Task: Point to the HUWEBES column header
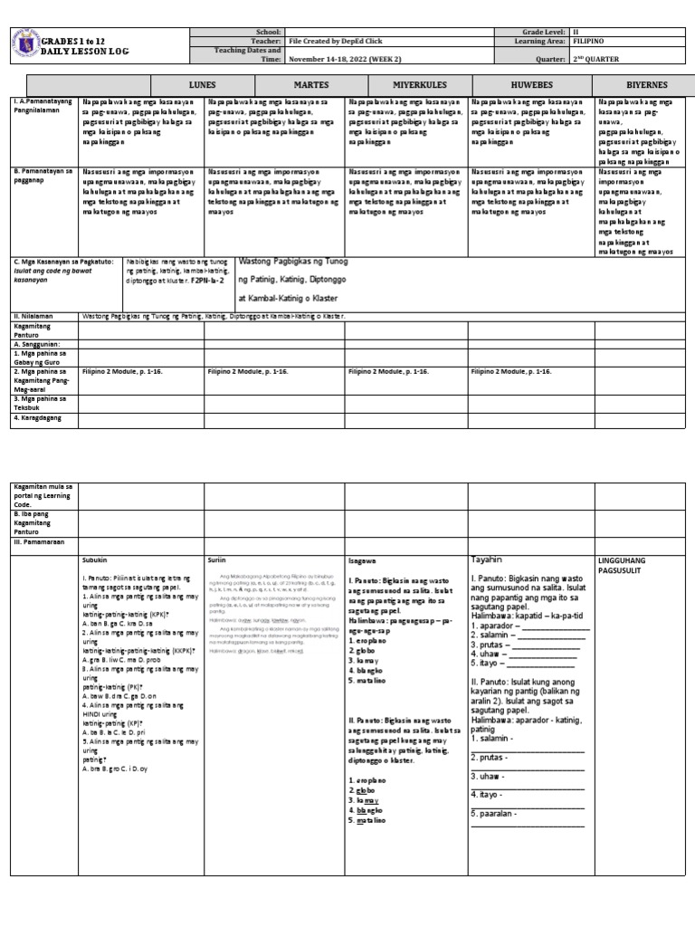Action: click(x=526, y=84)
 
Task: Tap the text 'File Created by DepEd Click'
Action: click(x=331, y=41)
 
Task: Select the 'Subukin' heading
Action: click(x=95, y=560)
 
